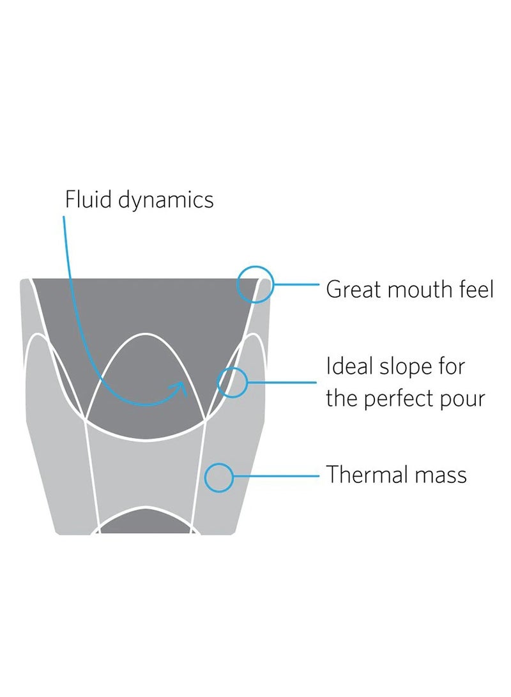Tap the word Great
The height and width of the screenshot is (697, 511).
(353, 289)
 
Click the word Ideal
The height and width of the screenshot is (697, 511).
(347, 367)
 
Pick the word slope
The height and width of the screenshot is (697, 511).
(398, 367)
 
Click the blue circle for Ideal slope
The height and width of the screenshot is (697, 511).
(233, 382)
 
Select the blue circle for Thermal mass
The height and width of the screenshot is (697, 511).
(218, 477)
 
